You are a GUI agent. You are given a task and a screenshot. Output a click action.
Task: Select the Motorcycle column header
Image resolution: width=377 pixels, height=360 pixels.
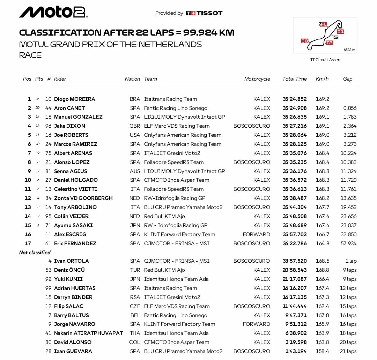pyautogui.click(x=257, y=79)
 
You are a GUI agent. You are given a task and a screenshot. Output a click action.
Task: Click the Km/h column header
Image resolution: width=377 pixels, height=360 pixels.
pyautogui.click(x=322, y=79)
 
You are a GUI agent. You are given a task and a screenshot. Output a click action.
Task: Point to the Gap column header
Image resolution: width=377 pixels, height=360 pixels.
pyautogui.click(x=348, y=79)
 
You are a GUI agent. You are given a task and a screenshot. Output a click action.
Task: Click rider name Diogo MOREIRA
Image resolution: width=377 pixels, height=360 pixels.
pyautogui.click(x=74, y=99)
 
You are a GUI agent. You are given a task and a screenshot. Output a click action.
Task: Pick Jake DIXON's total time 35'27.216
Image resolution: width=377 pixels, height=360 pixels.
pyautogui.click(x=295, y=126)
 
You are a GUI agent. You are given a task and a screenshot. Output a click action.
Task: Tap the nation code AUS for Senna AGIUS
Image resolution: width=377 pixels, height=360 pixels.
pyautogui.click(x=135, y=171)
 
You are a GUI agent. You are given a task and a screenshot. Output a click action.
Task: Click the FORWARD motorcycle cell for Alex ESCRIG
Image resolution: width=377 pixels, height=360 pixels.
pyautogui.click(x=257, y=234)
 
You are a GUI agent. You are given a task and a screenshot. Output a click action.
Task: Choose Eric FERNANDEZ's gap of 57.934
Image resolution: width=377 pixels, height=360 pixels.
pyautogui.click(x=348, y=243)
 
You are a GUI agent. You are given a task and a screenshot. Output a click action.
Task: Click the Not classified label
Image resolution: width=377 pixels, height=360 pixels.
pyautogui.click(x=35, y=253)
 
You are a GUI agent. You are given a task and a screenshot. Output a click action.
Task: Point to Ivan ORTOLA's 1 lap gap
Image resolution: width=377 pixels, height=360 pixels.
pyautogui.click(x=350, y=261)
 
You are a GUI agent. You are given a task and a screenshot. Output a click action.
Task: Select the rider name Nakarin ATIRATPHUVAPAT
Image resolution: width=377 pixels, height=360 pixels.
pyautogui.click(x=88, y=333)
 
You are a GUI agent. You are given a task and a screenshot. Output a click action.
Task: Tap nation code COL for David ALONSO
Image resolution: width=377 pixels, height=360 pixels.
pyautogui.click(x=135, y=342)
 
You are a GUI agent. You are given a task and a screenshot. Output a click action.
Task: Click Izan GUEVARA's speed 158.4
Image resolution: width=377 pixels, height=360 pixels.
pyautogui.click(x=322, y=351)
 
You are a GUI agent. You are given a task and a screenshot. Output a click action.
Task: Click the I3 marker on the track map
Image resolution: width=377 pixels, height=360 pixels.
pyautogui.click(x=305, y=41)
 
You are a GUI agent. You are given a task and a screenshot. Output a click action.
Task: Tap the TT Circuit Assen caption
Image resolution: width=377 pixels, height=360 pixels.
pyautogui.click(x=325, y=60)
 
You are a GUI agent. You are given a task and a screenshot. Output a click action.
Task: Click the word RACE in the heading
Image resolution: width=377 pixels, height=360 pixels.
pyautogui.click(x=30, y=55)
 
